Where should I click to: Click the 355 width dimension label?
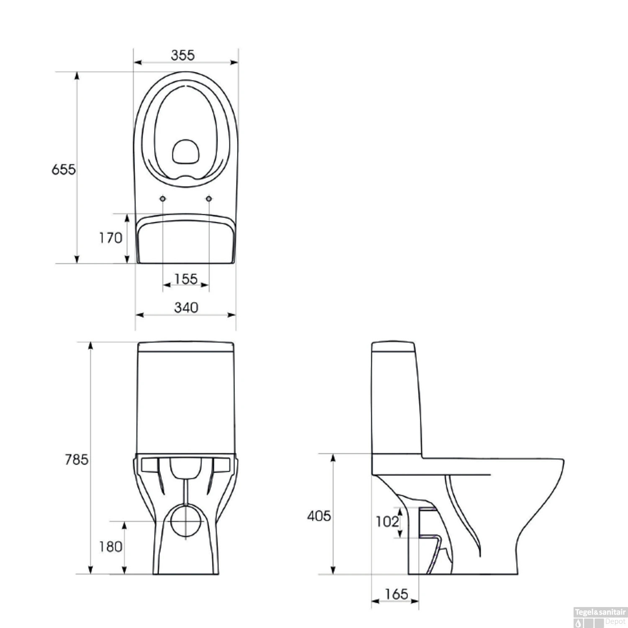tap(183, 55)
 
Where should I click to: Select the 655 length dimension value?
tap(64, 170)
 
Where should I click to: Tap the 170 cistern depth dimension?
tap(111, 238)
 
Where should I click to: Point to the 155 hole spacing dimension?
tap(186, 279)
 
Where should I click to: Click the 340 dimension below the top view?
tap(186, 308)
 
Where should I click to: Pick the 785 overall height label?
tap(77, 460)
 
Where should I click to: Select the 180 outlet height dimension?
tap(111, 546)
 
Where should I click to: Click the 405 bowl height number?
tap(319, 516)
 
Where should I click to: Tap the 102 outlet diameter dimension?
tap(387, 522)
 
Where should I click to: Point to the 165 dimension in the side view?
tap(396, 594)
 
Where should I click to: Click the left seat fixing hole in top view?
tap(163, 199)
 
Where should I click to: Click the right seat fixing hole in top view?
tap(209, 199)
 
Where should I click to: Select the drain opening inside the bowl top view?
tap(185, 151)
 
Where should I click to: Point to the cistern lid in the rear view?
tap(185, 347)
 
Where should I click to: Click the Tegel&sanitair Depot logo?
tap(600, 617)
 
